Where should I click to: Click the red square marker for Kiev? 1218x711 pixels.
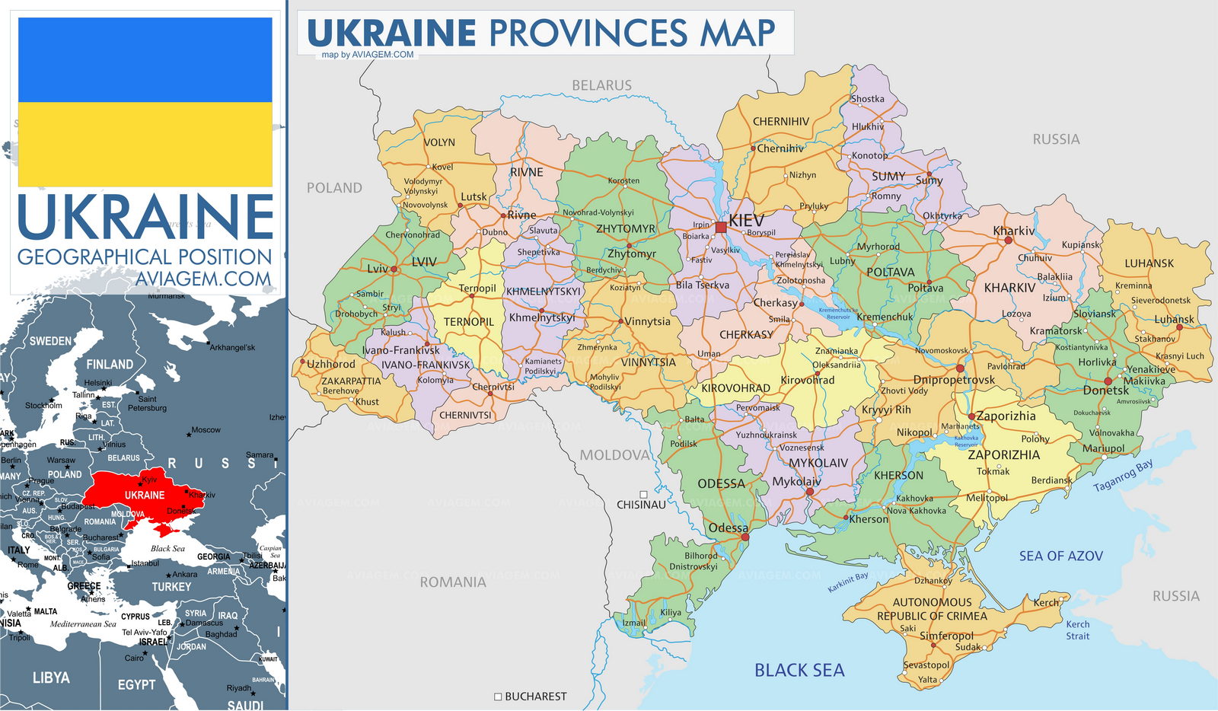coord(720,227)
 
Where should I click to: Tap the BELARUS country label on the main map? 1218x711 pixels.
coord(601,85)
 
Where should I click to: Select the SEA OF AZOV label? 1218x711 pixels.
coord(1060,556)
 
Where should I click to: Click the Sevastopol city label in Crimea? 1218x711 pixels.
coord(926,665)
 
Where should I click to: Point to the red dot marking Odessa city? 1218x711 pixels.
coord(745,537)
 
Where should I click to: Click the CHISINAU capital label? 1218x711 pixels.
coord(641,505)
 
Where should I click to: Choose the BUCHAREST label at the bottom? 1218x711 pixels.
coord(535,697)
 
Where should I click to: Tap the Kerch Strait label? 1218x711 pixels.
coord(1077,630)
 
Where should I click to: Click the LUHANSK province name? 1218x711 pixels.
coord(1149,263)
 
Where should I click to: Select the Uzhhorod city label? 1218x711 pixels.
coord(331,364)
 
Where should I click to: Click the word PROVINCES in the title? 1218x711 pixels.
coord(588,33)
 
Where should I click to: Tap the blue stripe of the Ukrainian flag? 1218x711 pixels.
coord(145,60)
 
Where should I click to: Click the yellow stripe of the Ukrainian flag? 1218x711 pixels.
coord(145,145)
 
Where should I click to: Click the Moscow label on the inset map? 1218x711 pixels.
coord(206,430)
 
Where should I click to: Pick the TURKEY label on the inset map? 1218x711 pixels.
coord(171,587)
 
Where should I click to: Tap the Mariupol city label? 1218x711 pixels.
coord(1103,448)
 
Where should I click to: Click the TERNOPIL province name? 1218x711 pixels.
coord(469,322)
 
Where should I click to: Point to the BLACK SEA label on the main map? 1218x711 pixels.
coord(799,671)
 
